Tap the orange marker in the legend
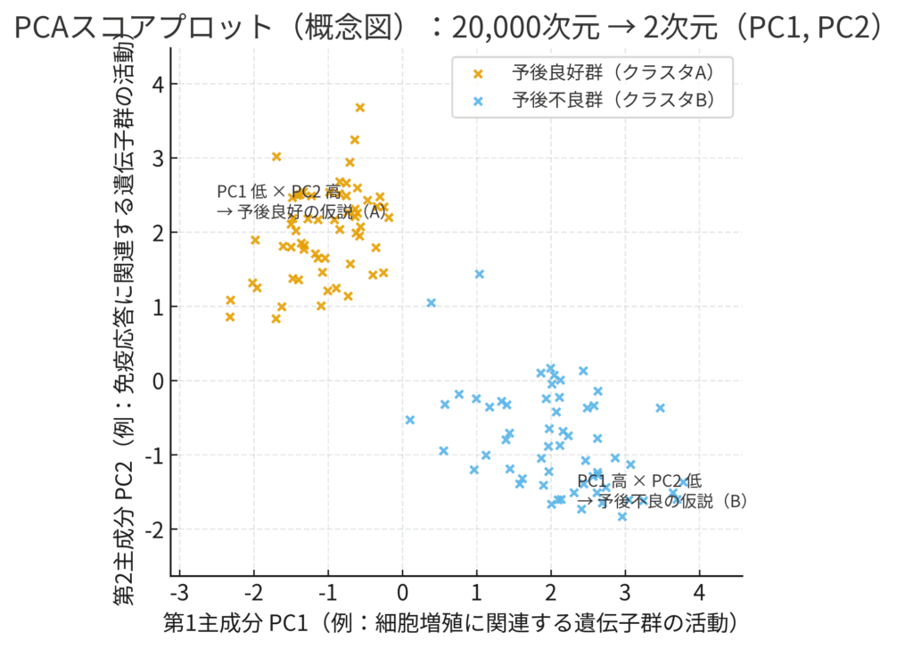click(480, 72)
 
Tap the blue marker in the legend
click(480, 100)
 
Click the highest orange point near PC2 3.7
click(360, 108)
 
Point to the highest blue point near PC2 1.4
click(480, 274)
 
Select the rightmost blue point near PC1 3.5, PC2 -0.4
click(661, 407)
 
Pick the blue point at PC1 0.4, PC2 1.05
click(432, 303)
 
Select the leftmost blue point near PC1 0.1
click(410, 420)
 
